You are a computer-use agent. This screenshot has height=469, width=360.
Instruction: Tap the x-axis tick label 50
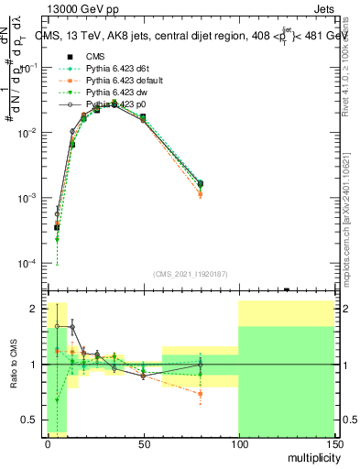[x=143, y=442]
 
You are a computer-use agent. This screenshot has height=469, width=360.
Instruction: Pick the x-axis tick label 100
[x=238, y=442]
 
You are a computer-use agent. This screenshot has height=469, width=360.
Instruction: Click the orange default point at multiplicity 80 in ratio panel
[x=200, y=394]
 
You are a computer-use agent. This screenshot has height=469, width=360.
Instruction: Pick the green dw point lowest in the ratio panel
[x=57, y=400]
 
